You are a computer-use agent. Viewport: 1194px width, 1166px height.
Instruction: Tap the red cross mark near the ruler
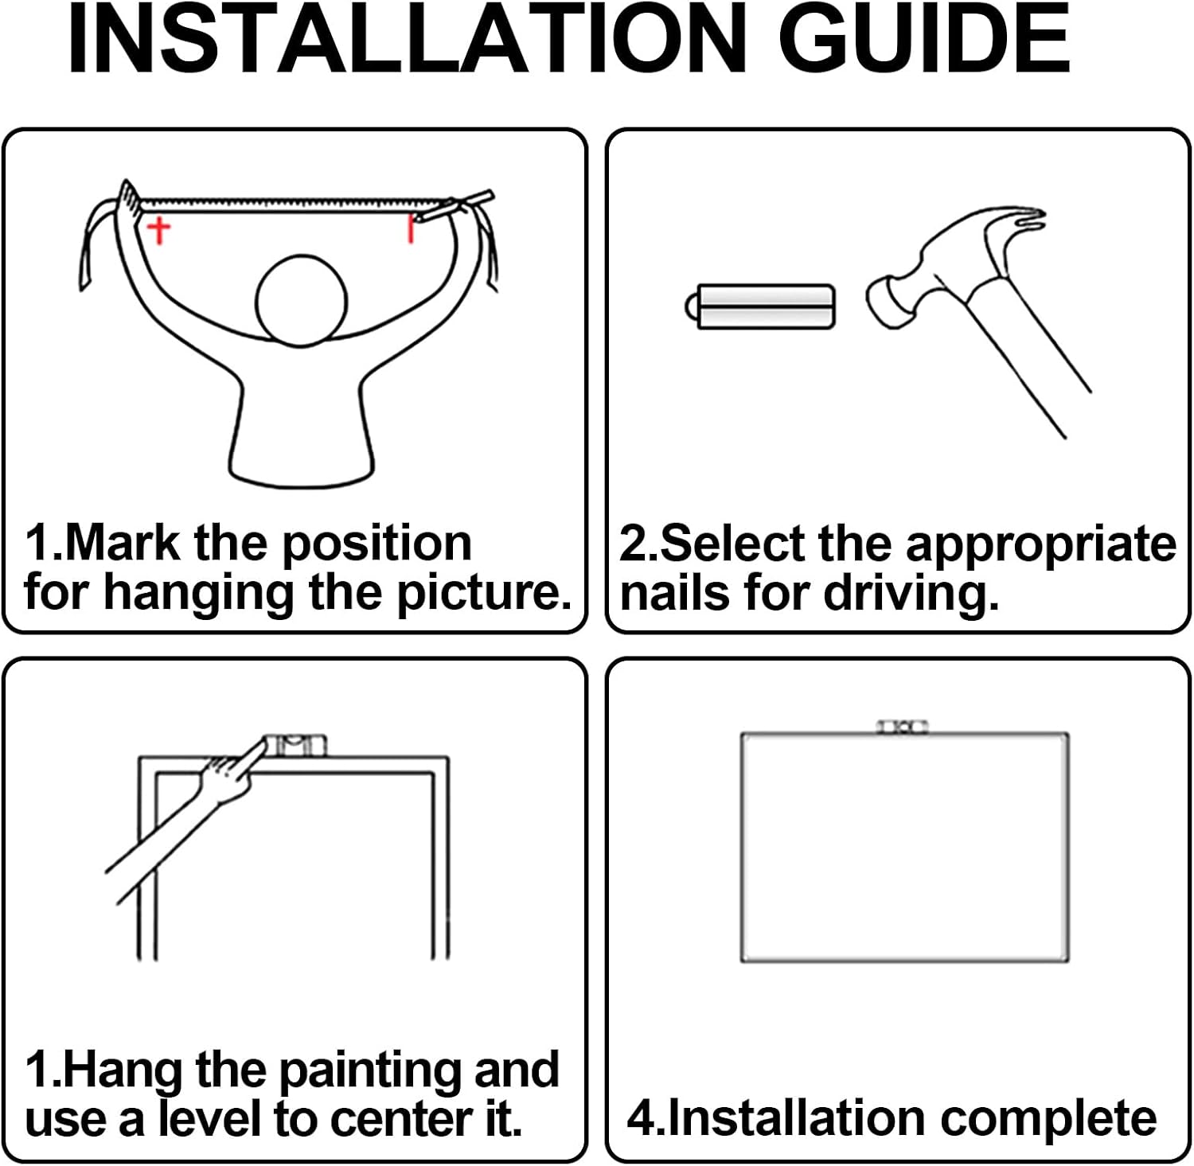point(159,230)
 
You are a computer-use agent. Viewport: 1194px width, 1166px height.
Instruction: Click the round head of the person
point(301,301)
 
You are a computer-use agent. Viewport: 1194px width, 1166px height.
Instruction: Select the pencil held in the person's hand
point(455,205)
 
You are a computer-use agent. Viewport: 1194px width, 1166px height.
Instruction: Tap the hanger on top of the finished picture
point(903,727)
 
